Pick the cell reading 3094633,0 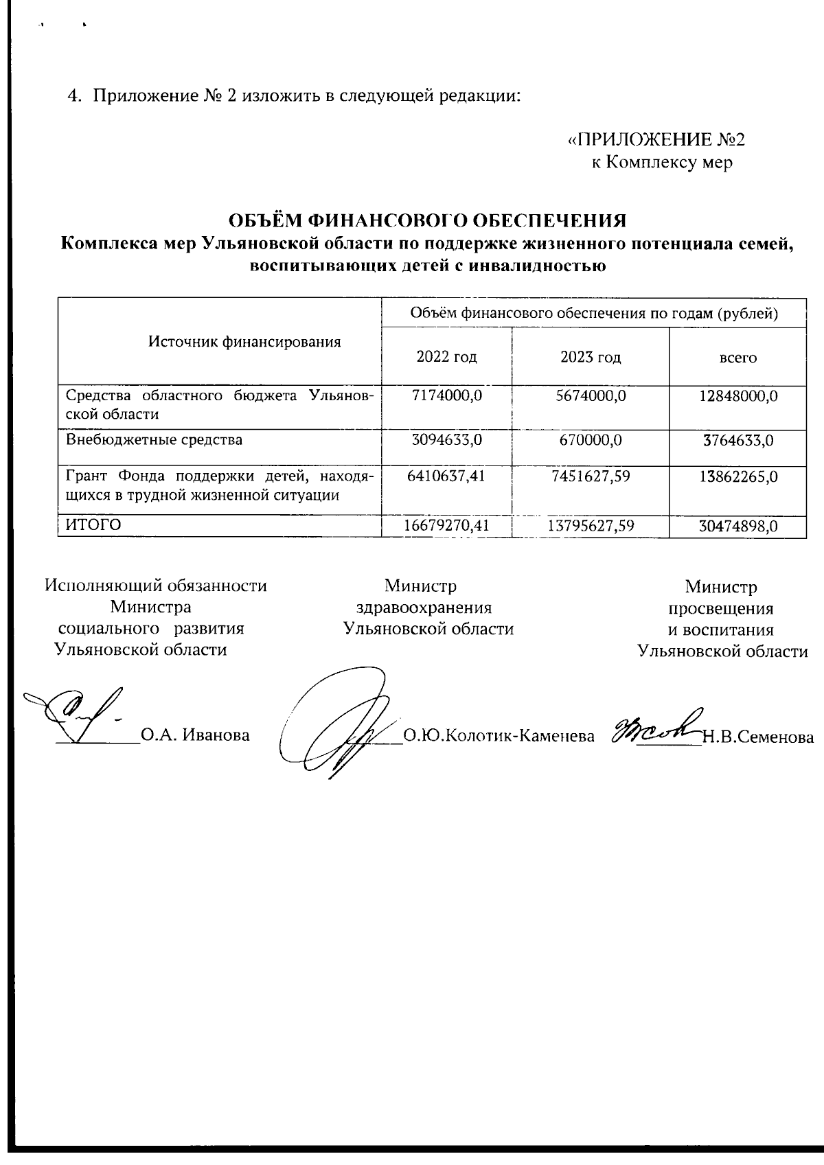(446, 439)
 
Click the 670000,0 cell (591, 439)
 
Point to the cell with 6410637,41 (446, 475)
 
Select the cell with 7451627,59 (591, 475)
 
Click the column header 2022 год (446, 357)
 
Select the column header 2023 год (591, 357)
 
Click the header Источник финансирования (245, 341)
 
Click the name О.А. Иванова (195, 736)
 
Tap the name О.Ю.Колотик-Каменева (499, 737)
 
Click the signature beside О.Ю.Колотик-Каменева (336, 728)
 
